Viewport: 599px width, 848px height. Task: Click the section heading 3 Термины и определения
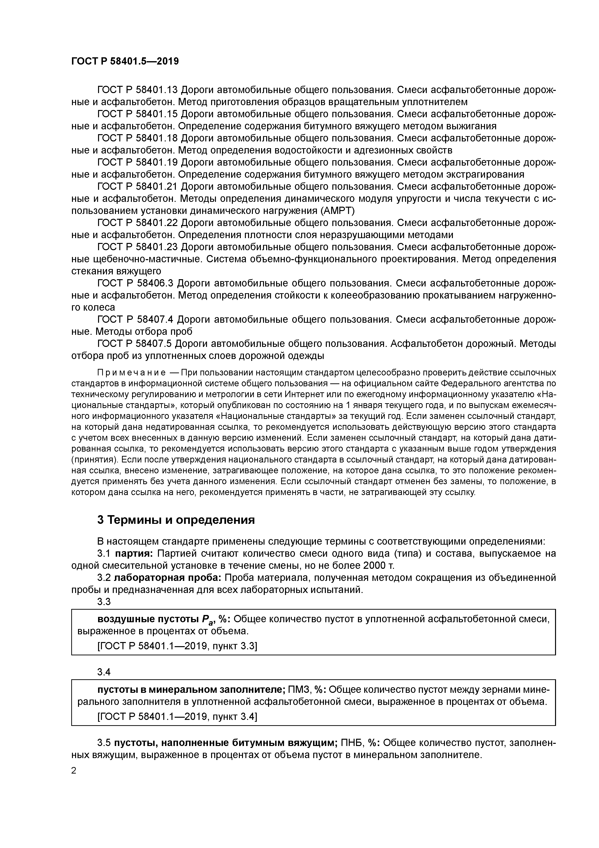point(176,520)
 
